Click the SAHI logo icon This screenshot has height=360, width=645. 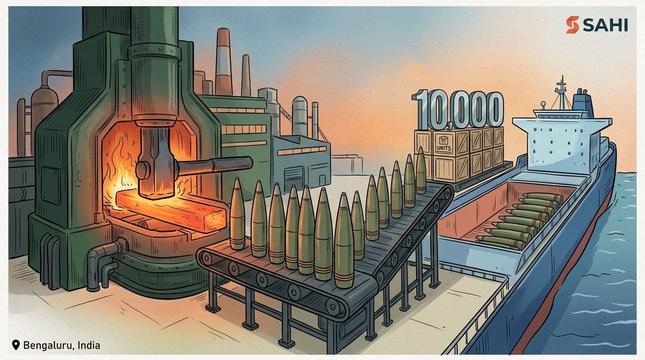[x=572, y=24]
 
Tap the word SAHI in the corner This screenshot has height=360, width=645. [x=605, y=25]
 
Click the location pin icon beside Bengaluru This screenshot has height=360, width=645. [x=16, y=345]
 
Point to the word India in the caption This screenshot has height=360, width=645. [x=89, y=345]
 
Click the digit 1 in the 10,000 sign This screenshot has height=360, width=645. [x=420, y=109]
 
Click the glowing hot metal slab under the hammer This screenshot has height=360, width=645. [x=171, y=210]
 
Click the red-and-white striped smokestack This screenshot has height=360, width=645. [x=223, y=62]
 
